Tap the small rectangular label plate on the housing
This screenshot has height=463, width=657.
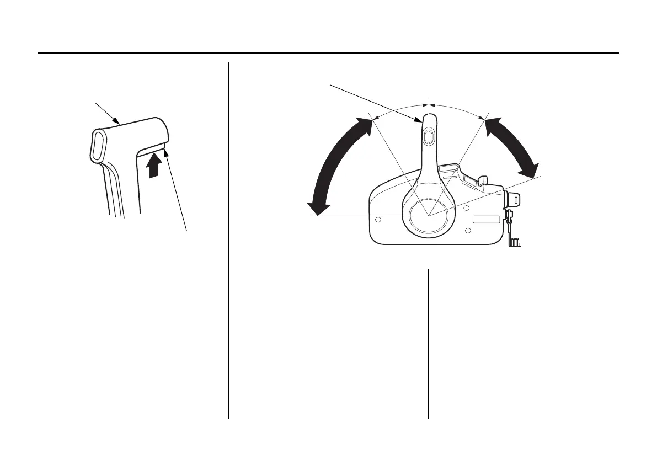(486, 219)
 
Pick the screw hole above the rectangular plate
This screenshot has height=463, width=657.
(467, 207)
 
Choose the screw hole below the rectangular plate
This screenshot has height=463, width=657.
(468, 230)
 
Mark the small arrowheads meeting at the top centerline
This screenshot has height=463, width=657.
(428, 104)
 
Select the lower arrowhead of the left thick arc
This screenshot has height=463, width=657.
(318, 208)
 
